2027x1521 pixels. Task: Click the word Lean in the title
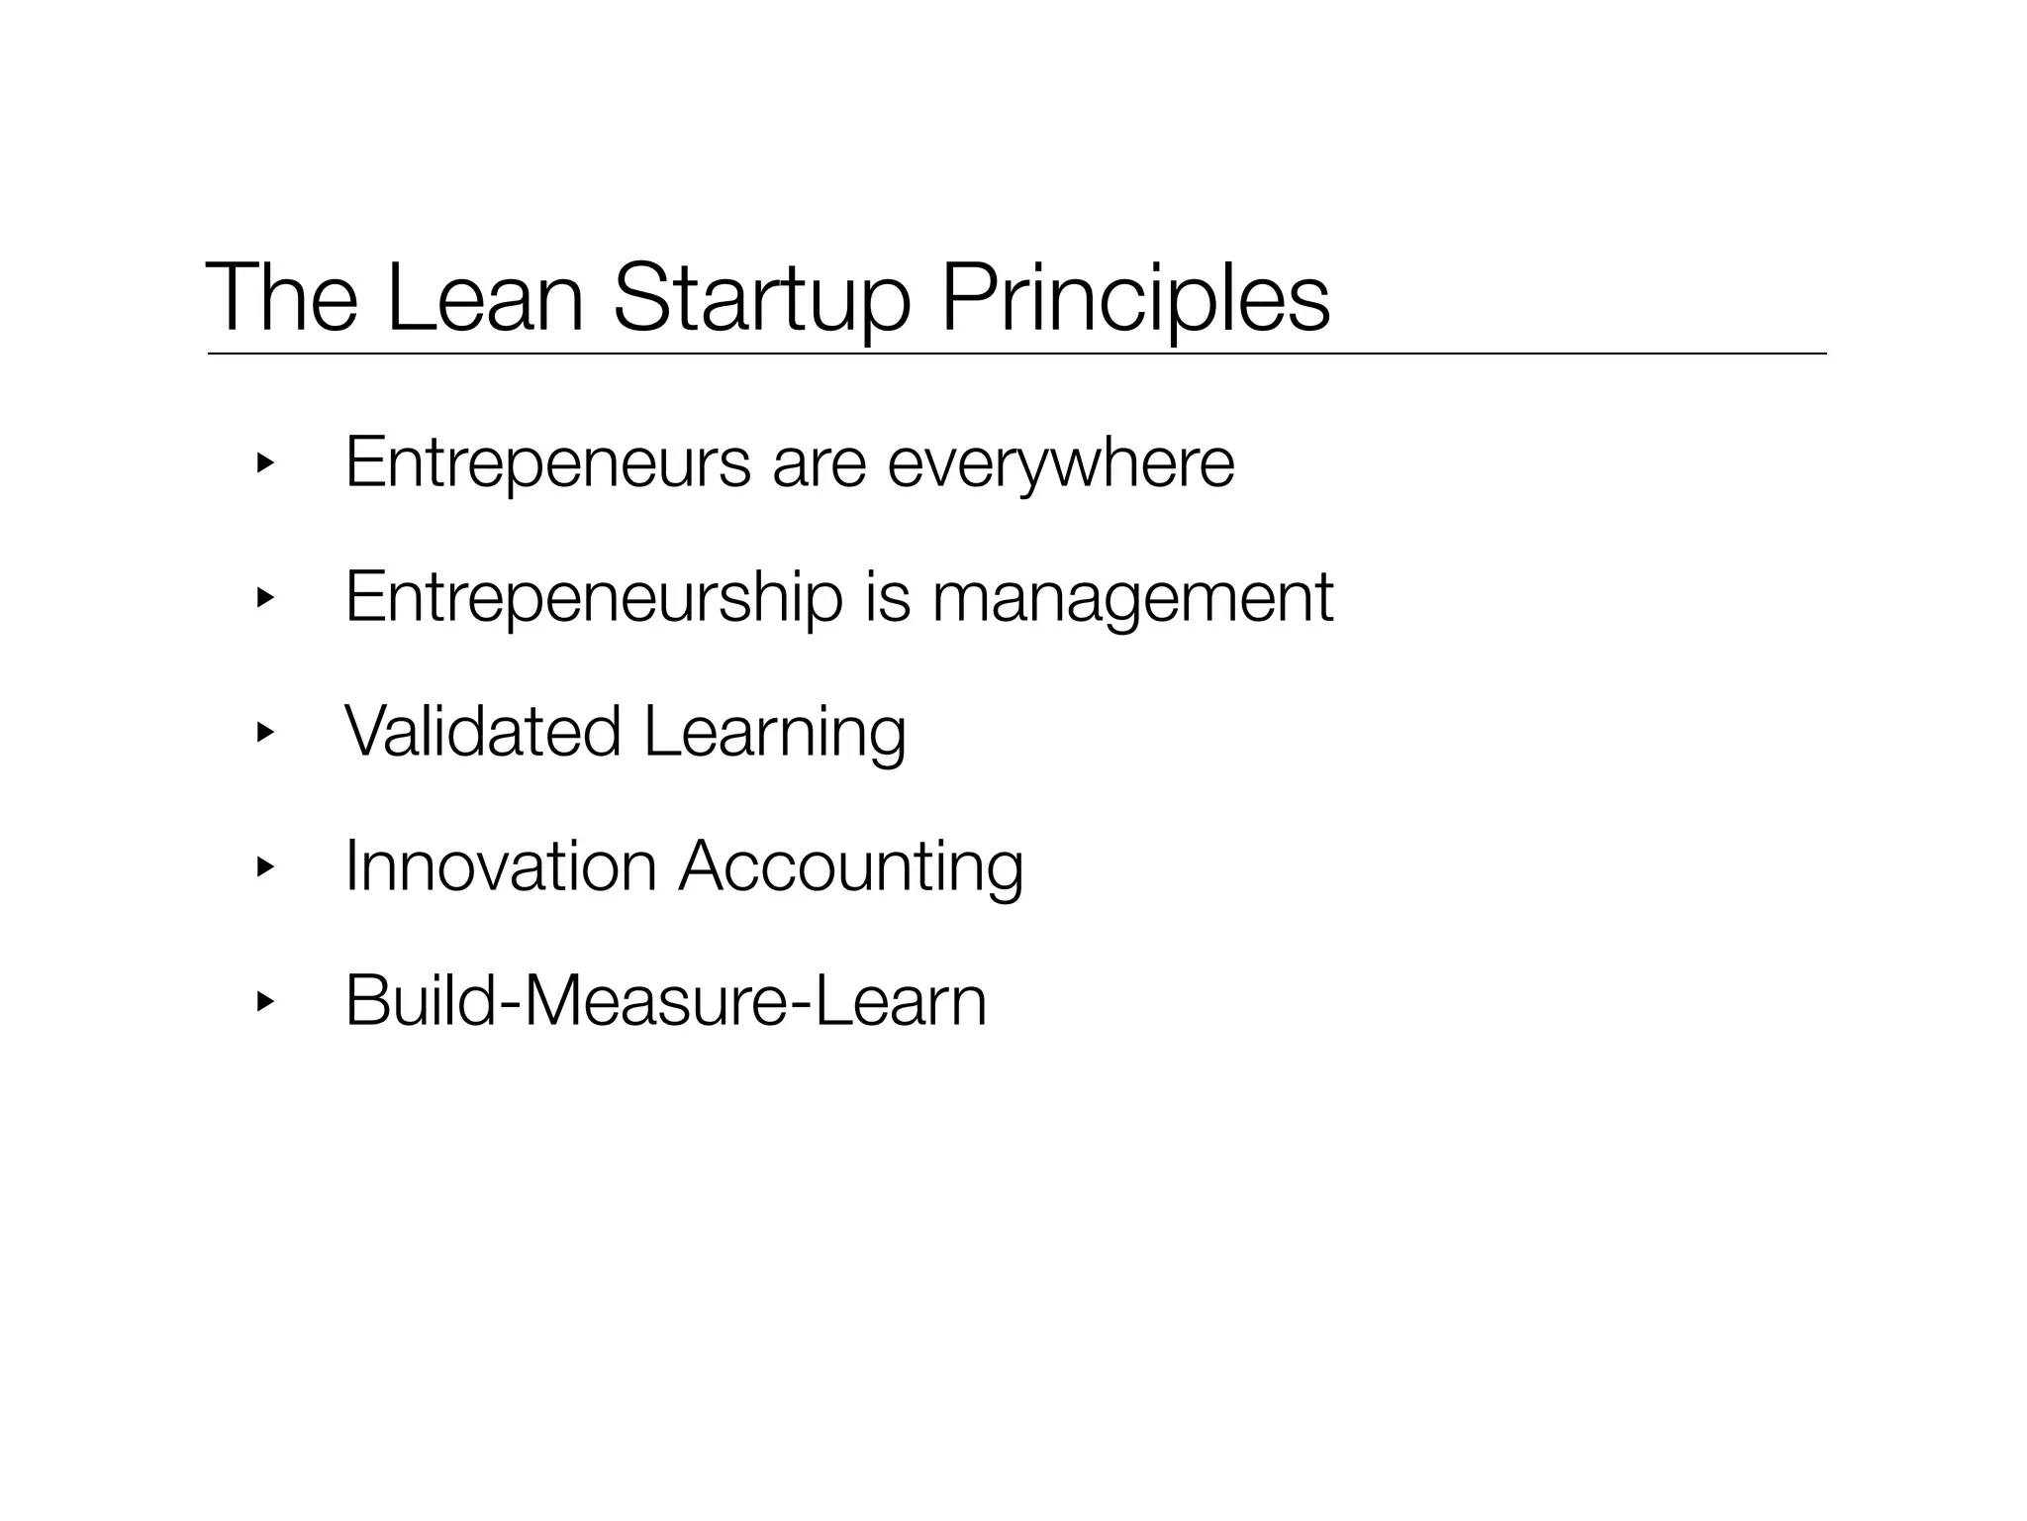tap(484, 297)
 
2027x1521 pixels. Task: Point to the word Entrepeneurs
tap(547, 463)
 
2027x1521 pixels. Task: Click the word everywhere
tap(1061, 463)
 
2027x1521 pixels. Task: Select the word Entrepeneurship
tap(593, 598)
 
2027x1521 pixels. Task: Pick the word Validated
tap(482, 732)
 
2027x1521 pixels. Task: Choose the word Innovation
tap(501, 866)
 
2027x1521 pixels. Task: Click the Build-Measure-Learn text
tap(665, 1001)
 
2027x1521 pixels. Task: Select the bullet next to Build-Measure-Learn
tap(263, 1002)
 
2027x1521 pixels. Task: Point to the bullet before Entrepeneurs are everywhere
tap(263, 463)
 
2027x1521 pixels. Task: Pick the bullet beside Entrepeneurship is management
tap(263, 598)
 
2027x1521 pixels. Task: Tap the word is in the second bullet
tap(887, 598)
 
